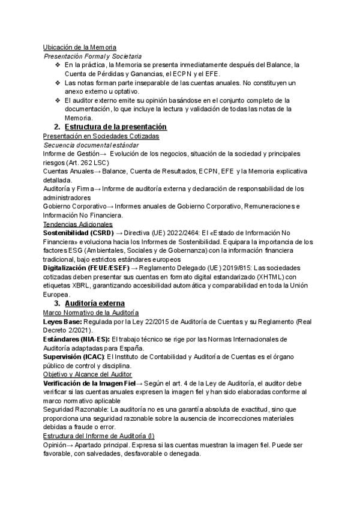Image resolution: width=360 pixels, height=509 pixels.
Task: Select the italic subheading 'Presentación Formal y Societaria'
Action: [x=93, y=55]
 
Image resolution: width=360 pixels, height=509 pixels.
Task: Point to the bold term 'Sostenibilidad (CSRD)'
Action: [x=77, y=233]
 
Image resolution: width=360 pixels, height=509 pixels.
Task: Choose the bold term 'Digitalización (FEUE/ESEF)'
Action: [x=86, y=268]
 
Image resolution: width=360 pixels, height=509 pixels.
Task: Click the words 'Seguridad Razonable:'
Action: [x=75, y=409]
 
